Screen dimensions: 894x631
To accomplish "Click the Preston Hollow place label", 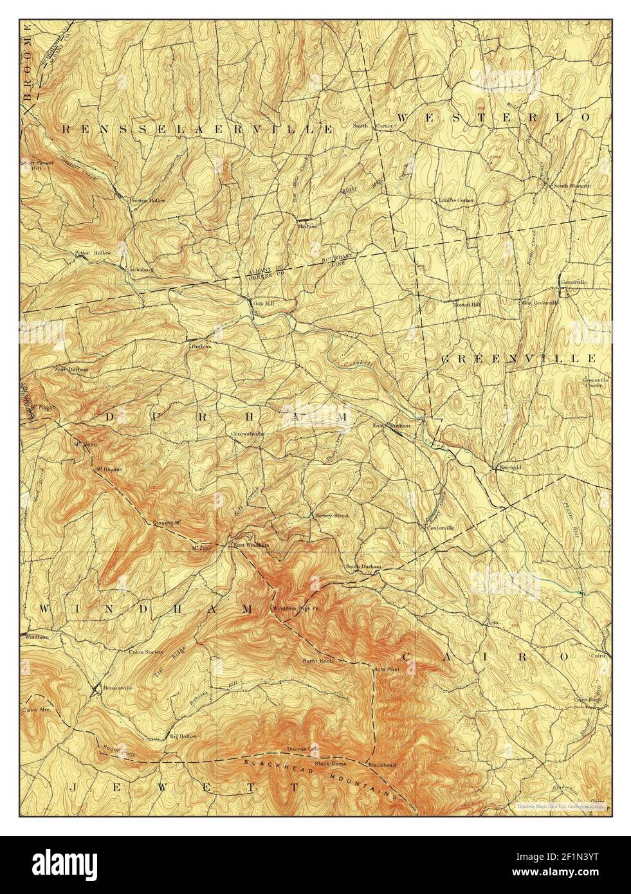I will click(147, 200).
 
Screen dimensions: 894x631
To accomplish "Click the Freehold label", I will click(509, 468).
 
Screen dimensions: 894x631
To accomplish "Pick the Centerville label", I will click(440, 528).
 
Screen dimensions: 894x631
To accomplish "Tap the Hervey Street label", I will click(331, 515).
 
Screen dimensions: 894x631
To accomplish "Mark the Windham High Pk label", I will click(293, 608).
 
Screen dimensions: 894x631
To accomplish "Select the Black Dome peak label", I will click(331, 763).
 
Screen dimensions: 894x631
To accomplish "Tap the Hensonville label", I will click(117, 688).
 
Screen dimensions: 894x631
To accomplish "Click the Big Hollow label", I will click(183, 736).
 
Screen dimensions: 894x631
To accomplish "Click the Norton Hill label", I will click(467, 304).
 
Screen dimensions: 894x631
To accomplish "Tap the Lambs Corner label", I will click(457, 201).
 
